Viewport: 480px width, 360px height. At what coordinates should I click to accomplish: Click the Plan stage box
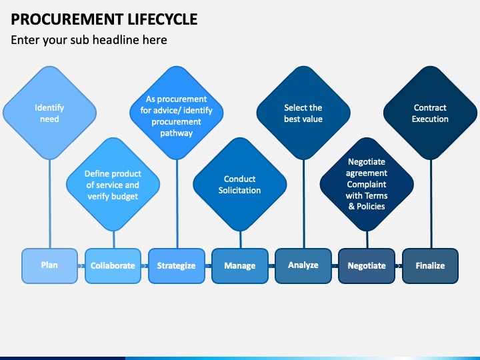(x=49, y=266)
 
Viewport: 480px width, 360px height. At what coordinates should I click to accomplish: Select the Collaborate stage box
(x=113, y=266)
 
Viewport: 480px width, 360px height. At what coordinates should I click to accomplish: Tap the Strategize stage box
(x=176, y=266)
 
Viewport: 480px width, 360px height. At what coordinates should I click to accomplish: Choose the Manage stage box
(x=240, y=266)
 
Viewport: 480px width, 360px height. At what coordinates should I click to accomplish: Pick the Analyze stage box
(x=303, y=266)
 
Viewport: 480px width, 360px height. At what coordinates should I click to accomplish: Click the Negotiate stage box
(x=367, y=266)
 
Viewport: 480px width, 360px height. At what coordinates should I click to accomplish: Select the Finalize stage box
(x=430, y=266)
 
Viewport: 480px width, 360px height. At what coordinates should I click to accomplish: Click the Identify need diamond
(x=49, y=113)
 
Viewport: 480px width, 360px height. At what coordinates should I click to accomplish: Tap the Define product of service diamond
(x=113, y=185)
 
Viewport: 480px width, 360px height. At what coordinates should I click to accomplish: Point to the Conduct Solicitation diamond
(x=240, y=185)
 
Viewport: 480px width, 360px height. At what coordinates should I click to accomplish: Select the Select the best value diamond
(x=303, y=113)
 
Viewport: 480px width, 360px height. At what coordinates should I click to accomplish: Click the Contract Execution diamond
(x=430, y=113)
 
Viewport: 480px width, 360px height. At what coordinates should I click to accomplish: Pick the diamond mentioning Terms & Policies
(x=367, y=185)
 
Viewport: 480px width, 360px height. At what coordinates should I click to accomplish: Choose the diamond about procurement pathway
(x=176, y=113)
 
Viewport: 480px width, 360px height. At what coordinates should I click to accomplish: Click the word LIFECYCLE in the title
(x=163, y=19)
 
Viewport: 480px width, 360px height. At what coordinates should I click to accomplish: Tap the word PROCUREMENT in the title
(x=67, y=19)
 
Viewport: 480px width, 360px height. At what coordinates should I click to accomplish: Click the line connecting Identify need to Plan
(x=49, y=204)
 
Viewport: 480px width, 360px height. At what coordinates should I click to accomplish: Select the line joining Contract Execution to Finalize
(x=431, y=204)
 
